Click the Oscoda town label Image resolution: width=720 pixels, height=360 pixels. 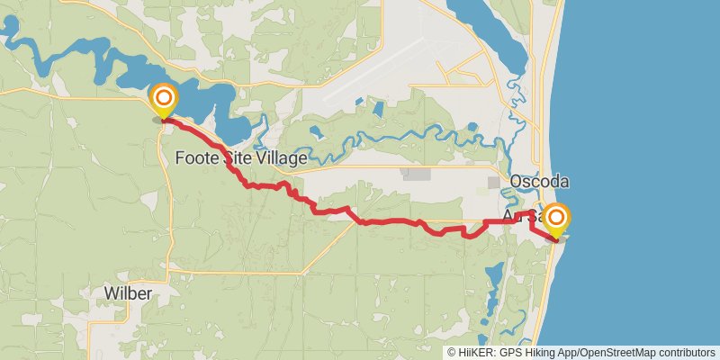point(539,182)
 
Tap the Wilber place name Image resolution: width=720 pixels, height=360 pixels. point(127,294)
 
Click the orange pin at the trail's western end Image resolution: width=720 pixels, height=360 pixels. point(164,99)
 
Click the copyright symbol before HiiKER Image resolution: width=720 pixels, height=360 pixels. point(452,352)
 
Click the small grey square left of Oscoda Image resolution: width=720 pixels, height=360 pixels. point(493,183)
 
